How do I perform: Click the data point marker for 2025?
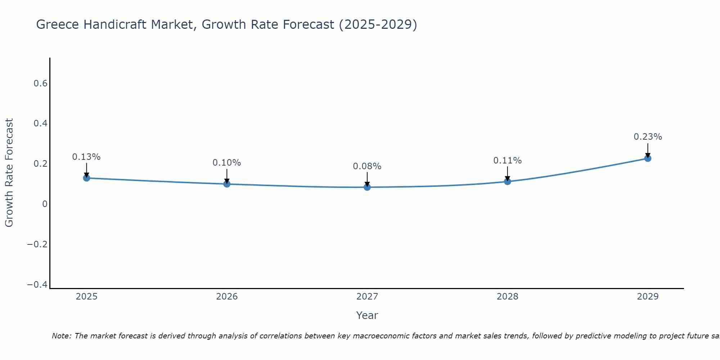(x=86, y=178)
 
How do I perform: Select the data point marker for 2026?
(x=227, y=184)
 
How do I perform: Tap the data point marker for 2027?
(x=367, y=187)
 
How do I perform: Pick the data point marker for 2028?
(x=507, y=181)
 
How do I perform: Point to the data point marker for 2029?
(x=648, y=158)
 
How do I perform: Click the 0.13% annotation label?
(x=86, y=157)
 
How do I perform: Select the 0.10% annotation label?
(x=227, y=163)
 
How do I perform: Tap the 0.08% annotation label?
(x=367, y=166)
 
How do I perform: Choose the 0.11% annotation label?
(x=507, y=161)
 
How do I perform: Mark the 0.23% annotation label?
(x=648, y=137)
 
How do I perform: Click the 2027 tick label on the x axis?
(x=367, y=297)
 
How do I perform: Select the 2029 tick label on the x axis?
(x=648, y=297)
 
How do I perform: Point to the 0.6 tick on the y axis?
(x=40, y=84)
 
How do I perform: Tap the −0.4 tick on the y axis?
(x=37, y=285)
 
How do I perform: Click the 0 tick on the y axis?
(x=45, y=204)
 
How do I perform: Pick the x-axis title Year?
(x=367, y=315)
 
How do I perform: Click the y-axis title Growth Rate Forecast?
(x=9, y=173)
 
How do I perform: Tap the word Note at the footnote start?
(x=61, y=336)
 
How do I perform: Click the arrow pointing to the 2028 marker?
(x=507, y=173)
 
